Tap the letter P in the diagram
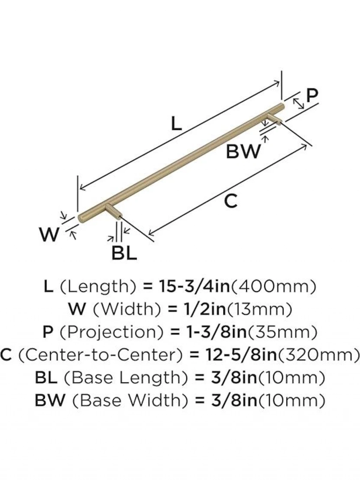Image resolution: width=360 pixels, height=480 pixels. pyautogui.click(x=312, y=96)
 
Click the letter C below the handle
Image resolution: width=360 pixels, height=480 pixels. pyautogui.click(x=231, y=201)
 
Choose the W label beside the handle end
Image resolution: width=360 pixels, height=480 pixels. pyautogui.click(x=50, y=234)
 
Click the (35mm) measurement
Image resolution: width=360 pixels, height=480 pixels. pyautogui.click(x=282, y=332)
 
